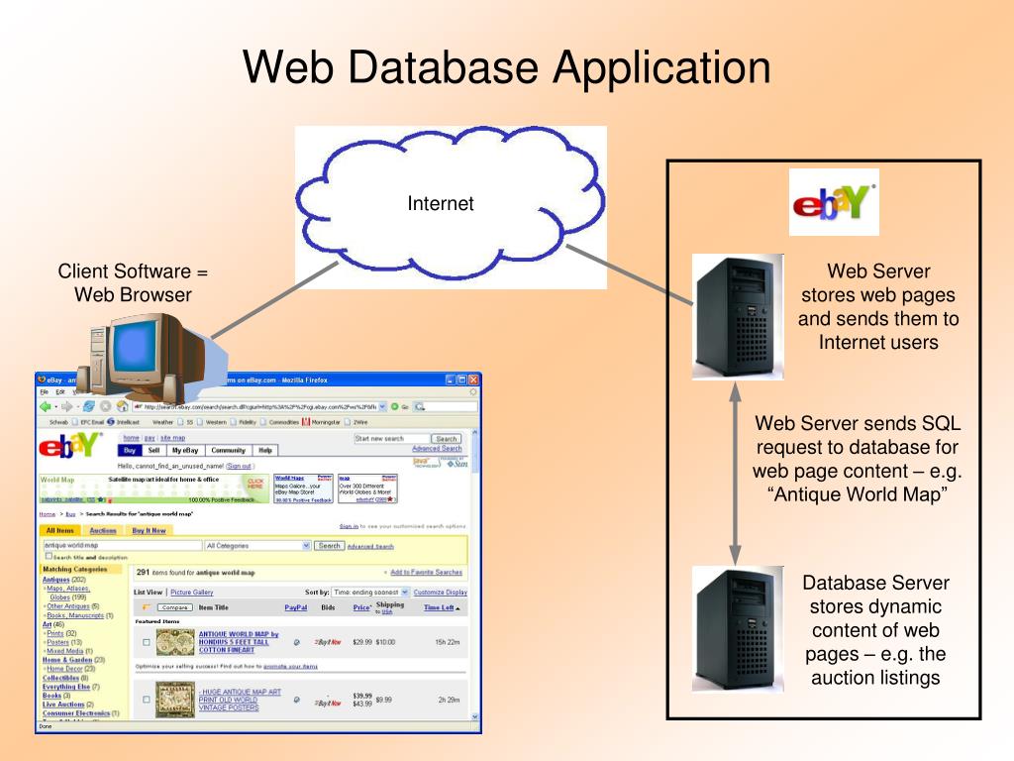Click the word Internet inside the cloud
(x=441, y=204)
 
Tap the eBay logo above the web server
(x=833, y=202)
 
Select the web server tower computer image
(x=737, y=317)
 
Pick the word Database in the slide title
(x=440, y=67)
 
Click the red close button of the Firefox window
(x=473, y=380)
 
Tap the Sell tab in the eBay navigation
(x=153, y=450)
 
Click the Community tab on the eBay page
(x=228, y=450)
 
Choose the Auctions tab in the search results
(x=103, y=531)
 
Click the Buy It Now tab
(x=150, y=531)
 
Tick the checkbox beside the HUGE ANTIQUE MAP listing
(x=147, y=700)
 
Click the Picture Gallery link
(x=192, y=592)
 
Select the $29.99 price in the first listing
(x=362, y=642)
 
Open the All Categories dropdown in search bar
(x=257, y=546)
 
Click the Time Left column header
(x=442, y=607)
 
